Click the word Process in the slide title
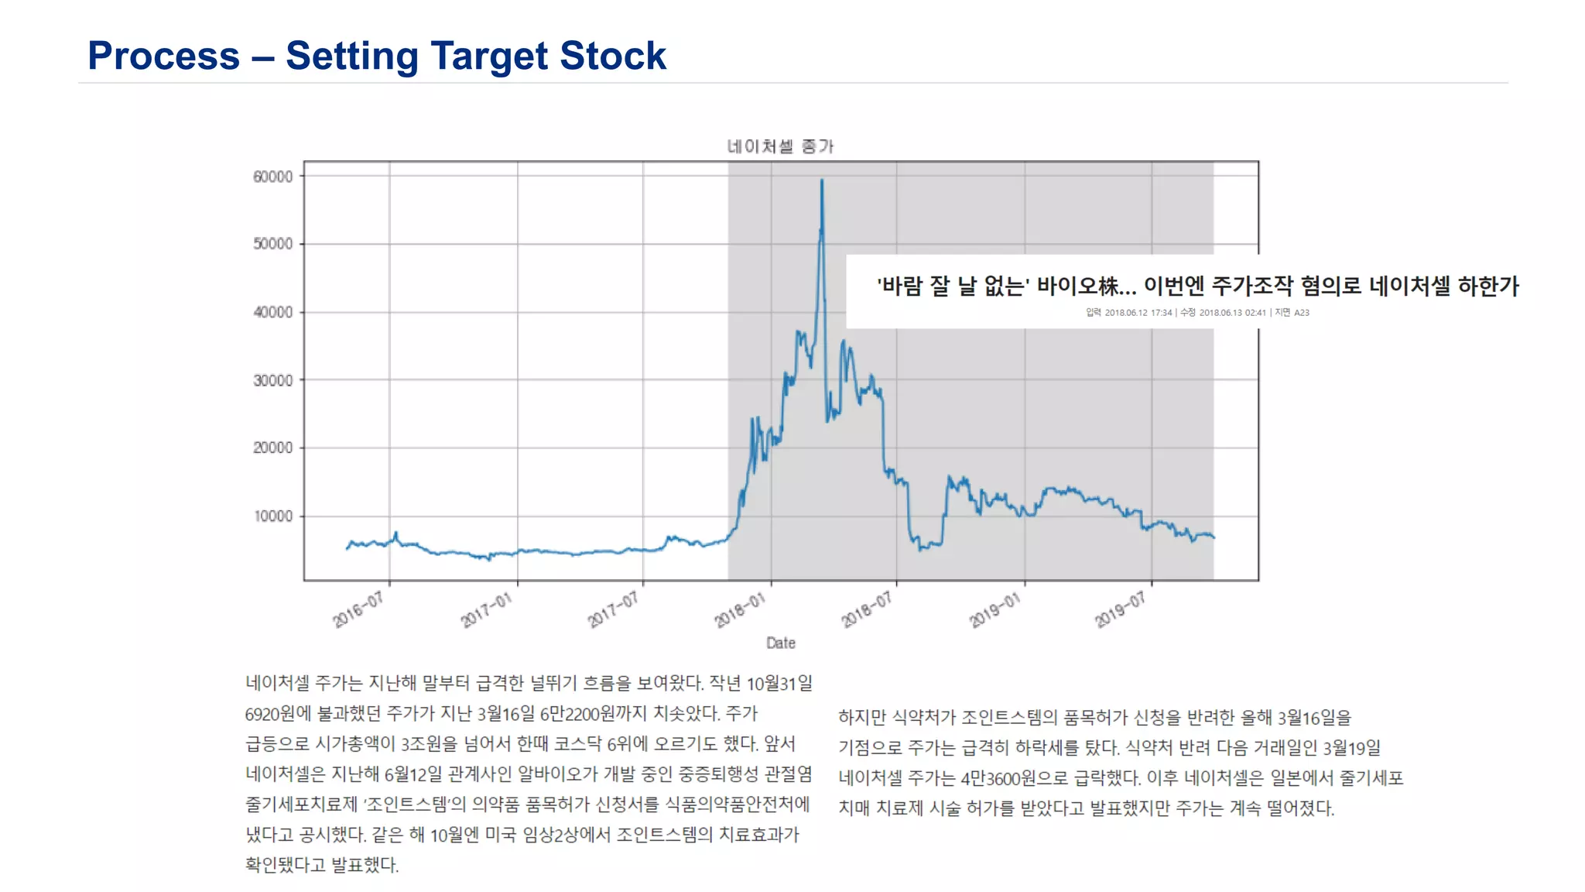163,56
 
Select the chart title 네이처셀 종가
780,146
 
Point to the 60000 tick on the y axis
272,177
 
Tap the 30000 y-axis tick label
272,380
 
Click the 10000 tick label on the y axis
272,516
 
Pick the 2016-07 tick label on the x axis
358,611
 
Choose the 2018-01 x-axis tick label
740,611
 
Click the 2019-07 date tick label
1120,611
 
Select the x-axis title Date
780,643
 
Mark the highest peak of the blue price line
822,180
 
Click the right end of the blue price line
1214,537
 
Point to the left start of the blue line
347,548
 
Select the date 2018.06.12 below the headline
1126,313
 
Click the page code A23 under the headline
1302,313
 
